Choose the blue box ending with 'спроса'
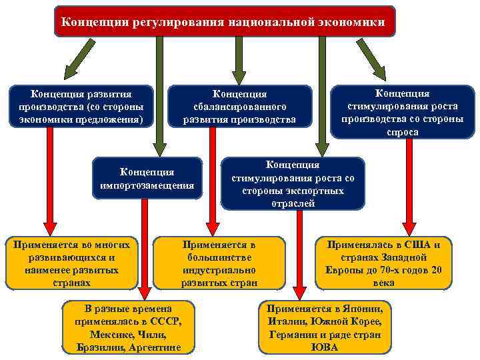[402, 112]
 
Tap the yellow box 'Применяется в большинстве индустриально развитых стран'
[219, 263]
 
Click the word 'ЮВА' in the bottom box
[324, 347]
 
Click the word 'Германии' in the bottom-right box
[293, 335]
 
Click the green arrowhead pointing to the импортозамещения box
[159, 147]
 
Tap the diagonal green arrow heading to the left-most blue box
[79, 56]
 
